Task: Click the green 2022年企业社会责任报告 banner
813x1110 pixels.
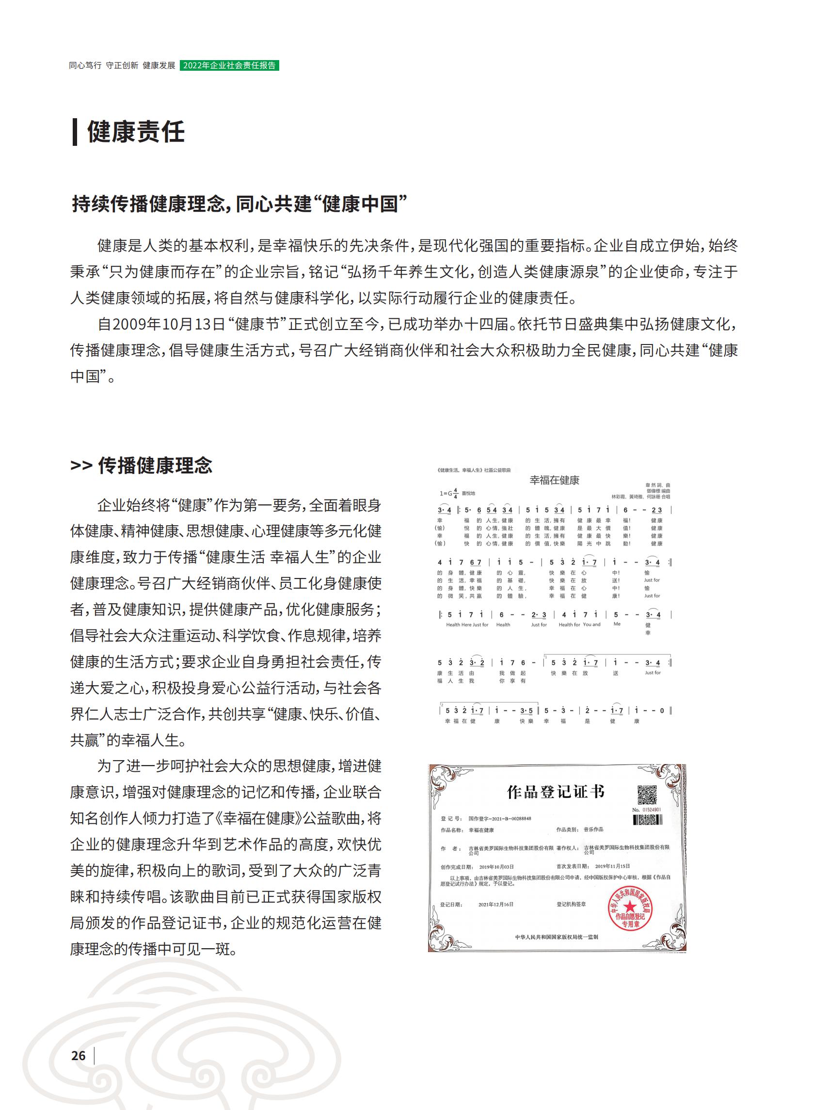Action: (x=229, y=65)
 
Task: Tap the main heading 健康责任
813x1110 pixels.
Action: (x=136, y=132)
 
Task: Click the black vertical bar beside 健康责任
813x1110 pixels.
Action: (x=75, y=132)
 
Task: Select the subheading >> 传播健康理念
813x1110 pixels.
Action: (x=141, y=465)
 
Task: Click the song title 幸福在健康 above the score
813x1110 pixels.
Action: (x=554, y=480)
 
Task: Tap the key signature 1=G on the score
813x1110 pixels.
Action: (x=446, y=493)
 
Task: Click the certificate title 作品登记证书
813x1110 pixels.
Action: (x=555, y=792)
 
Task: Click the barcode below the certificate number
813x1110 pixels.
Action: (x=647, y=819)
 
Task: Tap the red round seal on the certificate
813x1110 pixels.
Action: (x=630, y=909)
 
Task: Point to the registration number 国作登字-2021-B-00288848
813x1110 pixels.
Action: (x=499, y=819)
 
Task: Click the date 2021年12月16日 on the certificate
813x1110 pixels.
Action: (x=495, y=905)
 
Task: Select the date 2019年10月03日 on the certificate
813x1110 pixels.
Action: (x=496, y=867)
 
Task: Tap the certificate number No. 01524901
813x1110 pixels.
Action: (x=647, y=810)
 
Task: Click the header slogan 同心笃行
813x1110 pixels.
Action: (x=85, y=65)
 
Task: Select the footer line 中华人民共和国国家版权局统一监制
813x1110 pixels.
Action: (x=556, y=937)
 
